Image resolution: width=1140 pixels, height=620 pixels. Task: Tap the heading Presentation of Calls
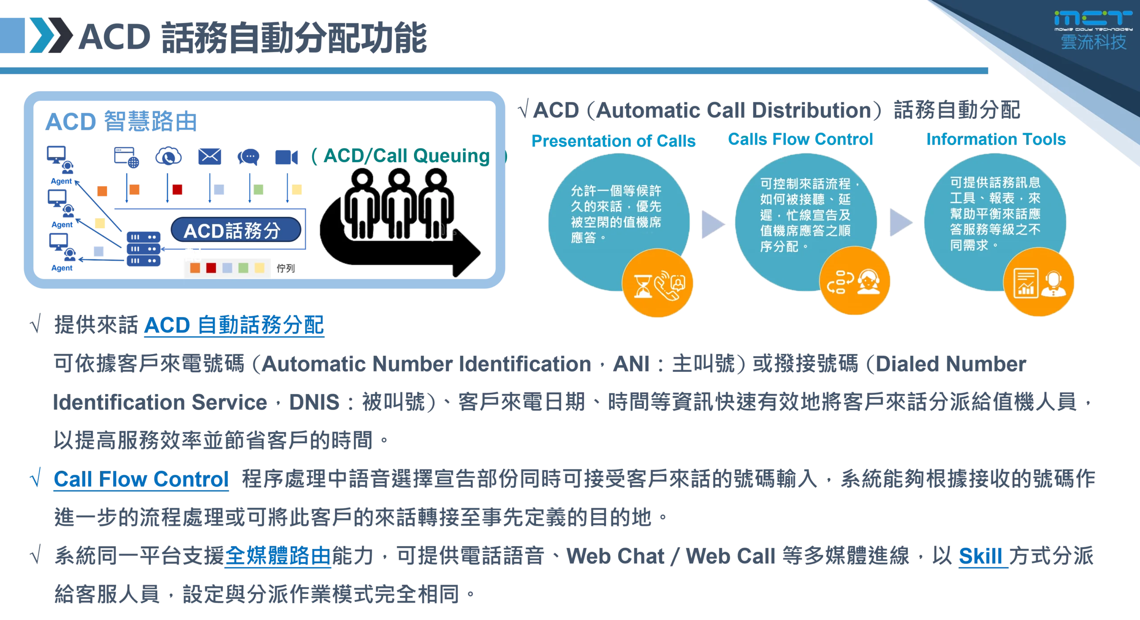pos(613,141)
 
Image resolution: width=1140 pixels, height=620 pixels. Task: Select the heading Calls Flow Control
pos(800,139)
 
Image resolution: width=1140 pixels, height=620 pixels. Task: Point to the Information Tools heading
pos(997,139)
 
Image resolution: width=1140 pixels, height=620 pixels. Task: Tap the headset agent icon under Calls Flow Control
pos(868,282)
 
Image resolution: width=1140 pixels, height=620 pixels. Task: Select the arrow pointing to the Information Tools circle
pos(900,223)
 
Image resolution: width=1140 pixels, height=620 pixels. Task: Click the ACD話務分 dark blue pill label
pos(233,230)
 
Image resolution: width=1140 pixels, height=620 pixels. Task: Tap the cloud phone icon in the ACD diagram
pos(168,156)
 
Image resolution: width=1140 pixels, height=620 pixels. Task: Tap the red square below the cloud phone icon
pos(177,189)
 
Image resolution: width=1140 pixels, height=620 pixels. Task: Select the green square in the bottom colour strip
pos(243,268)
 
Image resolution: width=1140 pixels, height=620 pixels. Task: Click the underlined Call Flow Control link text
pos(141,480)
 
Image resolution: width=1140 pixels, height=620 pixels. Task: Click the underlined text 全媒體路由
pos(277,556)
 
